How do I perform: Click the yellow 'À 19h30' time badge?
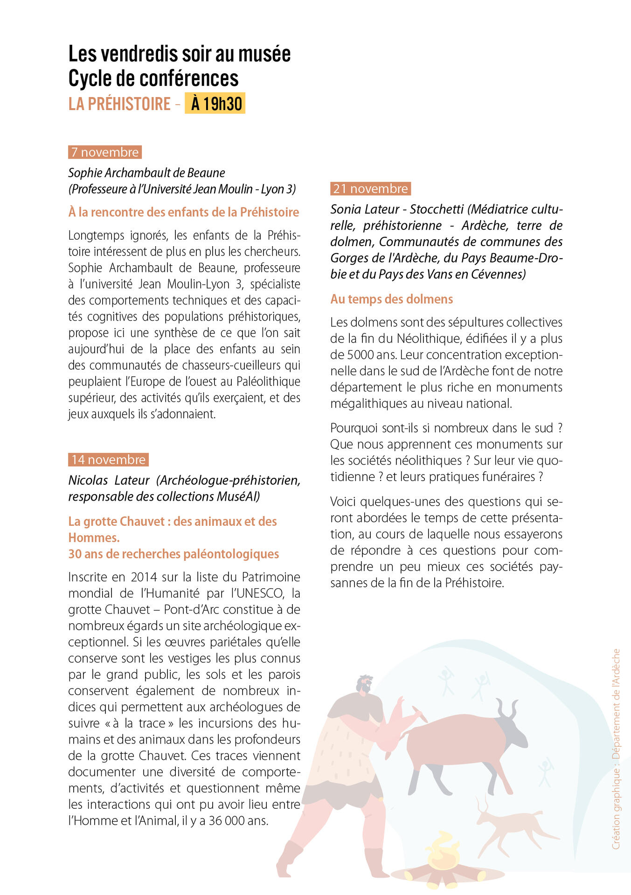[215, 103]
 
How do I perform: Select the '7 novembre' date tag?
[105, 152]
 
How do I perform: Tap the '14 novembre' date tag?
[108, 460]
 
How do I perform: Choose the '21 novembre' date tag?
[370, 189]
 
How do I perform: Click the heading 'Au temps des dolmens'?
[391, 299]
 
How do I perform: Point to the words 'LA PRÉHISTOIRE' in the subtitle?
[119, 103]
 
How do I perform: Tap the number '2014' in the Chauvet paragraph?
[144, 577]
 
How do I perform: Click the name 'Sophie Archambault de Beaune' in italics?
[146, 173]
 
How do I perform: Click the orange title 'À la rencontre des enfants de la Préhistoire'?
[183, 212]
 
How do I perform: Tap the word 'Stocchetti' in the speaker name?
[437, 209]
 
